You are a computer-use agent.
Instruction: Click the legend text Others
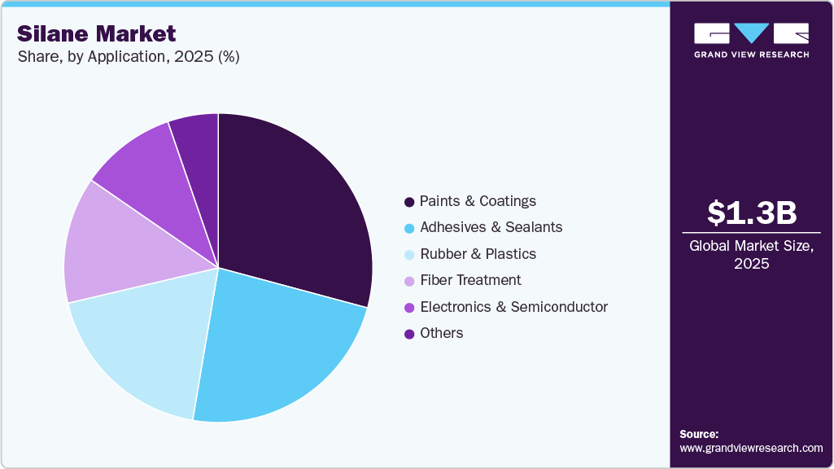pos(441,333)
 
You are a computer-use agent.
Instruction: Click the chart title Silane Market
pos(97,33)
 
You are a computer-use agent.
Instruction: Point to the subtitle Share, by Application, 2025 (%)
pos(128,58)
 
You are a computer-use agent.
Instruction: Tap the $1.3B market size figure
pos(751,213)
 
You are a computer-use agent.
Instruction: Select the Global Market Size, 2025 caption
pos(751,254)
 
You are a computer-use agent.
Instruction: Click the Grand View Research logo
pos(751,40)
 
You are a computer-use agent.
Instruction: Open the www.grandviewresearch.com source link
pos(751,448)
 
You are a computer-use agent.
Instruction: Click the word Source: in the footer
pos(699,434)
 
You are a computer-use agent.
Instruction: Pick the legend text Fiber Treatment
pos(470,280)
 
